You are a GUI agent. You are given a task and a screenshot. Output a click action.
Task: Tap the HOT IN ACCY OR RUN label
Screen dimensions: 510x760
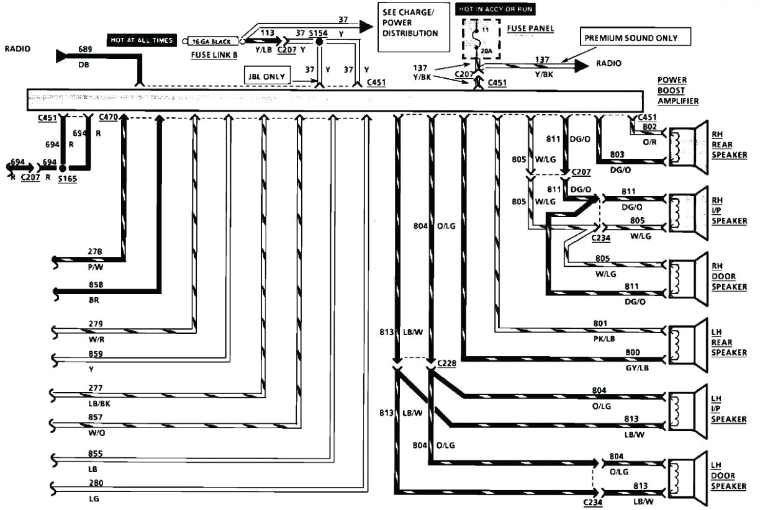coord(495,9)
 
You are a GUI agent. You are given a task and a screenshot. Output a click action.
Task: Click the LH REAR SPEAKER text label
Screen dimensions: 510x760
coord(729,343)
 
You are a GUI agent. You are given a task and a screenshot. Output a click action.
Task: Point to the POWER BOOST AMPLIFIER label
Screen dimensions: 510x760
coord(678,91)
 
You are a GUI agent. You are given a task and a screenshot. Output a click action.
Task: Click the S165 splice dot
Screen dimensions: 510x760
coord(62,168)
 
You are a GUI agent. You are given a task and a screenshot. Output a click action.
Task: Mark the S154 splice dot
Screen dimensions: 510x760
coord(319,42)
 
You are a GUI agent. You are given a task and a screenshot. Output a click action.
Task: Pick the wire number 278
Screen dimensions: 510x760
coord(96,252)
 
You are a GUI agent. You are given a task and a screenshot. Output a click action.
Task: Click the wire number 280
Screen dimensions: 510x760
coord(96,483)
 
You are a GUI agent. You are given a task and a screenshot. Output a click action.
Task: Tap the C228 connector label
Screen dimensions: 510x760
coord(446,362)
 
